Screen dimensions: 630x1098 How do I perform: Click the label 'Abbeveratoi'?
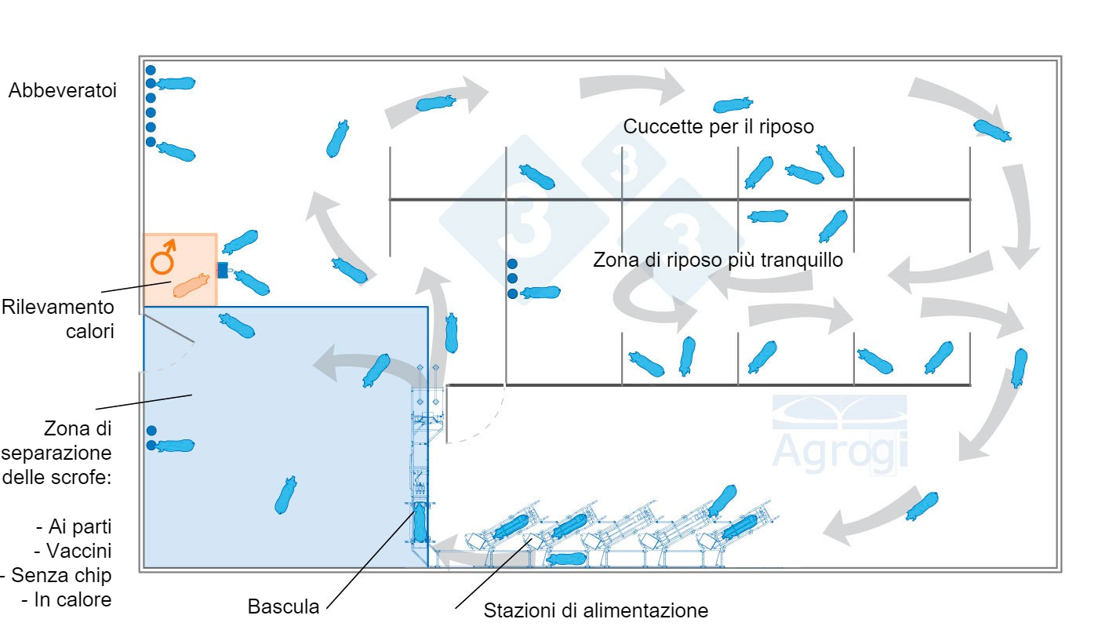click(63, 91)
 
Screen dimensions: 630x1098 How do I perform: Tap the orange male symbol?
click(163, 257)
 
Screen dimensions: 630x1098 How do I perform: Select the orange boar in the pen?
click(191, 285)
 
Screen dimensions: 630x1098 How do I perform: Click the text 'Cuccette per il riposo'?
click(718, 126)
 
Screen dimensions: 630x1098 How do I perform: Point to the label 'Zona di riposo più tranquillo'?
click(718, 260)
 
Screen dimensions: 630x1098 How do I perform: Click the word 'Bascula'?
click(283, 606)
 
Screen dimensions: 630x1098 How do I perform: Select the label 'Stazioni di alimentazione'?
click(595, 610)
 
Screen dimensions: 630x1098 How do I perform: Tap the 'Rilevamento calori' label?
click(58, 318)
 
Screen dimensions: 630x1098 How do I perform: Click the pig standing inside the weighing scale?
click(420, 523)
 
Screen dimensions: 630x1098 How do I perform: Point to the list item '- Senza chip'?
click(56, 575)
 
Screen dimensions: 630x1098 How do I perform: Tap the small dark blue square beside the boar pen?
click(222, 271)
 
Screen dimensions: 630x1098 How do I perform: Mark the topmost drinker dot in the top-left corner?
click(151, 70)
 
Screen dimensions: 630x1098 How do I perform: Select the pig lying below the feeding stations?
click(565, 559)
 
